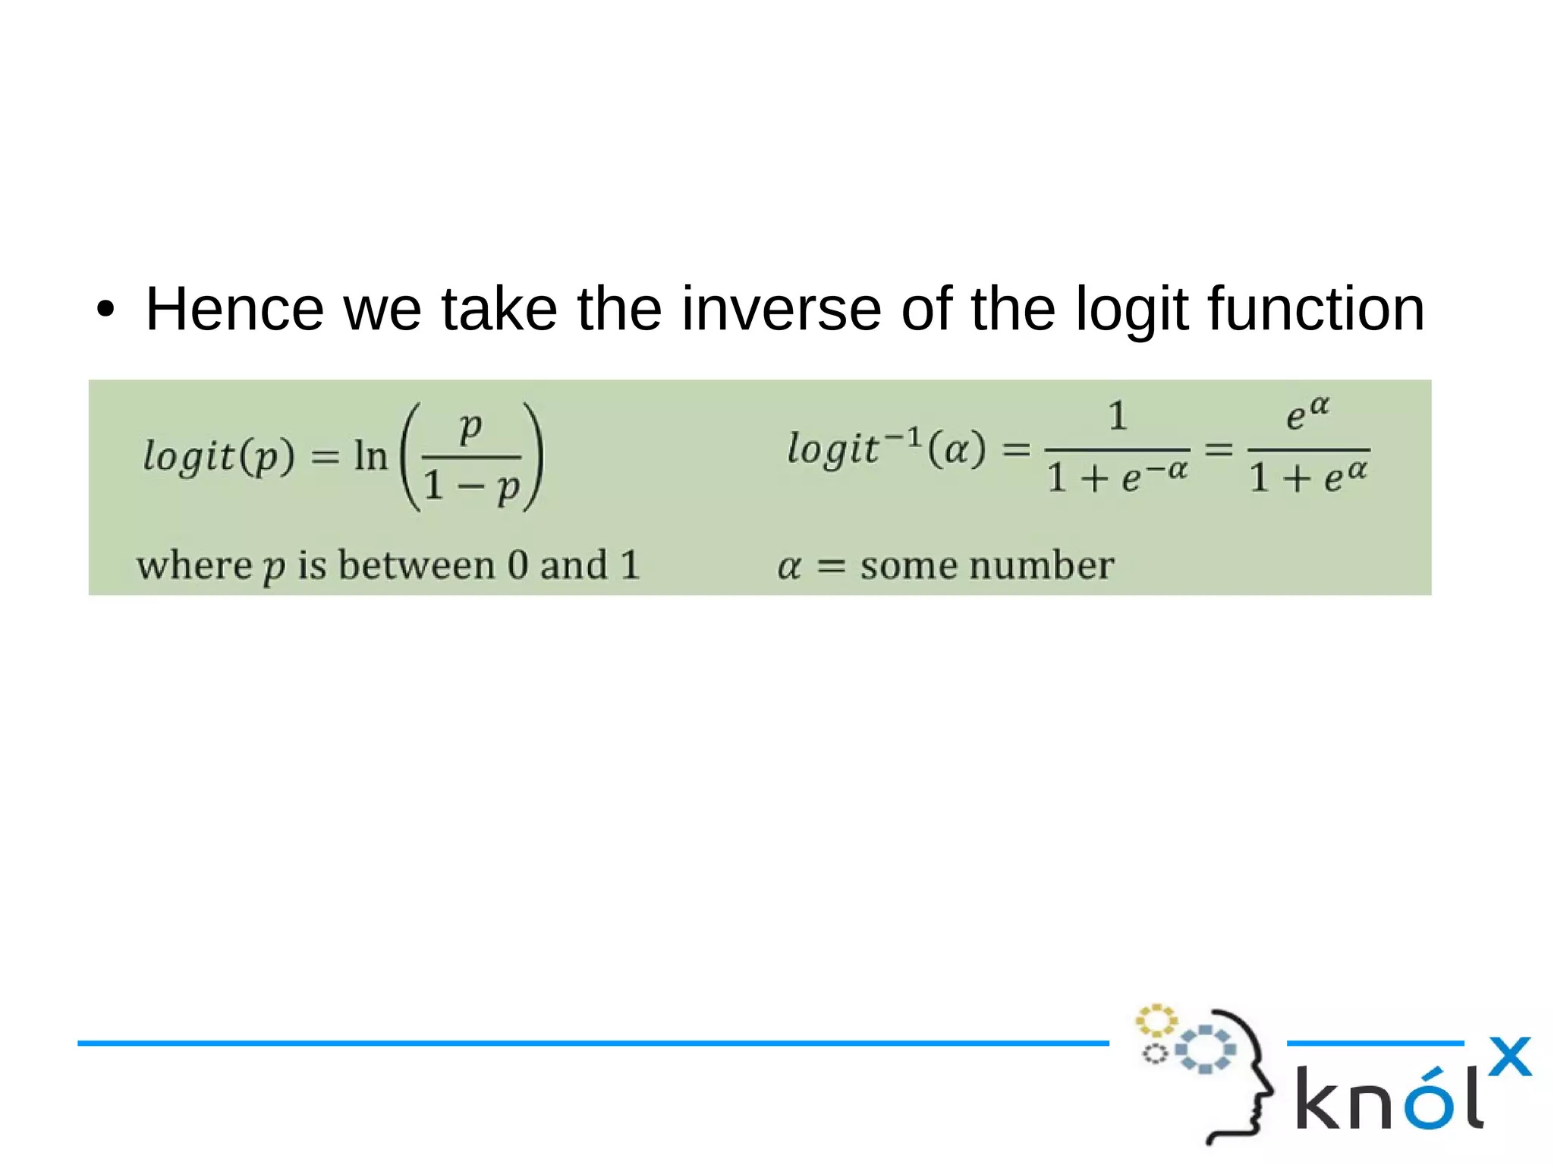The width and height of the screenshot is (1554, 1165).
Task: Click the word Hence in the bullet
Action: (234, 309)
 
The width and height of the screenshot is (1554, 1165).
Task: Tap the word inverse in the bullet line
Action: (781, 309)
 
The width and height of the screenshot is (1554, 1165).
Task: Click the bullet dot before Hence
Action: (105, 310)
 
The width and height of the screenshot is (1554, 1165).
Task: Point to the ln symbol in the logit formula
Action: (370, 456)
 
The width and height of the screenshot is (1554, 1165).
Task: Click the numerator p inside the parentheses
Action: (470, 426)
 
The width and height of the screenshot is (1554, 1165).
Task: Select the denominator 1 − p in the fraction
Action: (471, 486)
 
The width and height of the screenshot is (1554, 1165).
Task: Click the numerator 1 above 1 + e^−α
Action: (1117, 416)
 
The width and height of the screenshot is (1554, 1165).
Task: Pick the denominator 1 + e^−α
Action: (1117, 477)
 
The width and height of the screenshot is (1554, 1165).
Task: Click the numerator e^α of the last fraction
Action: (1307, 414)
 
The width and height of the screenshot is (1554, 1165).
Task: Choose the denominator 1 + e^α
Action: (1308, 477)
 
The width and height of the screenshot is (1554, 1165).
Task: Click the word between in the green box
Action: (416, 565)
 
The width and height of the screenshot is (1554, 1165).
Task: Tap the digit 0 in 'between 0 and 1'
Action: (517, 565)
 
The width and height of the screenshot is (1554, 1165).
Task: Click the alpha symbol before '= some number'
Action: (789, 566)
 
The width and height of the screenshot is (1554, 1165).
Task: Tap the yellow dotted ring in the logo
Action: (1156, 1020)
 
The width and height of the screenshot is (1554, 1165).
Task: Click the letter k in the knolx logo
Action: (1321, 1098)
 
